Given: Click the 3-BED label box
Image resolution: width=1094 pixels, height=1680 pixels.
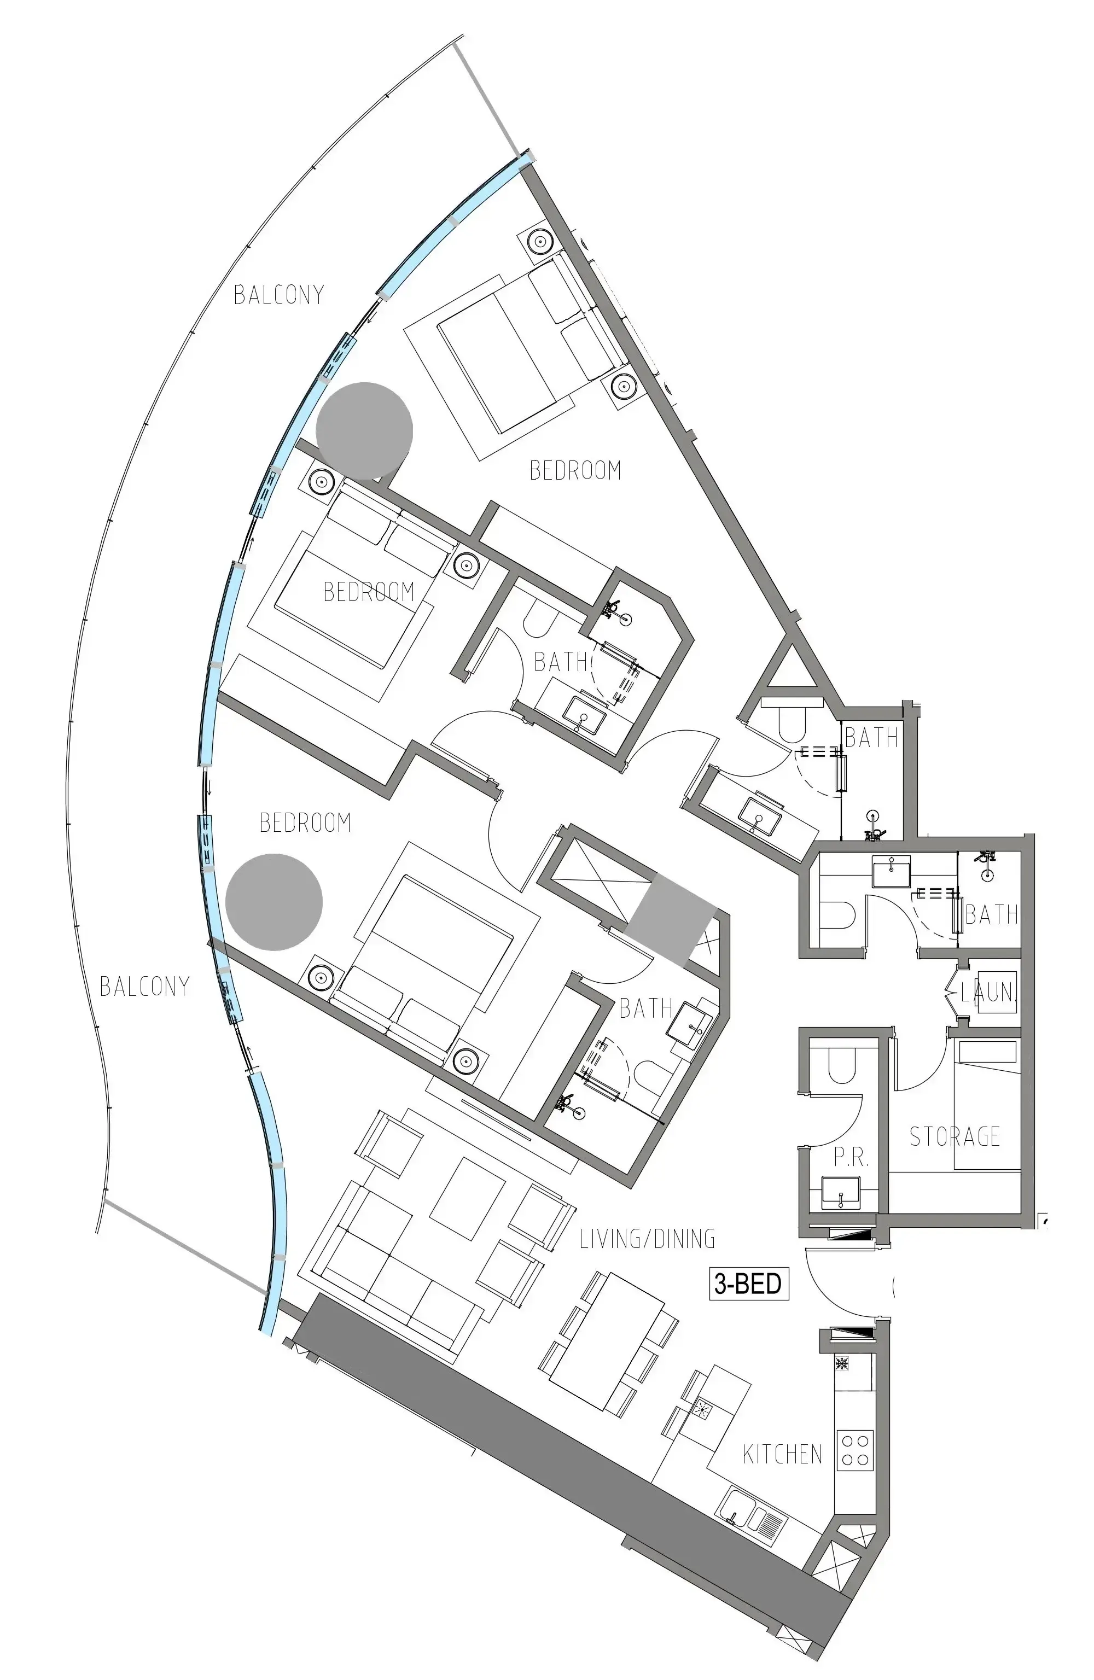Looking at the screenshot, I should (748, 1284).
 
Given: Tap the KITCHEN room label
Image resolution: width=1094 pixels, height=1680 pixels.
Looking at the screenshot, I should (782, 1455).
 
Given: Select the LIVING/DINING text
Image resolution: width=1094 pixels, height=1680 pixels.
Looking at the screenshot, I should (646, 1239).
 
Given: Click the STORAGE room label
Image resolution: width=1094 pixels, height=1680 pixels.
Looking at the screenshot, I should (954, 1136).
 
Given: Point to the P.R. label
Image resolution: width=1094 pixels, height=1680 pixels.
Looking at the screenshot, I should (851, 1158).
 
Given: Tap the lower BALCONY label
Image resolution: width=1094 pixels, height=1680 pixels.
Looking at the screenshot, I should (145, 986).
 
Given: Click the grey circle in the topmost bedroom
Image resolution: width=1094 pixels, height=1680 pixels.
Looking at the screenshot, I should (364, 430).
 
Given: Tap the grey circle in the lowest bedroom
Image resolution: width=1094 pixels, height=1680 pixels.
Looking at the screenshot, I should (274, 901).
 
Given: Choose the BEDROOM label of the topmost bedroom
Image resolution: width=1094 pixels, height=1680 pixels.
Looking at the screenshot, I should (575, 470).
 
